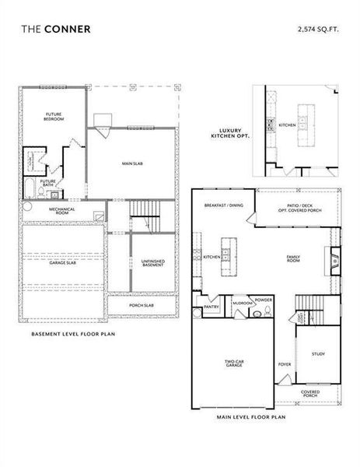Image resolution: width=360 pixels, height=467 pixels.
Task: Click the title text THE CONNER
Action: (55, 29)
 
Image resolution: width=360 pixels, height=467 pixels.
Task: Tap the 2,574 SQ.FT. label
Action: (317, 29)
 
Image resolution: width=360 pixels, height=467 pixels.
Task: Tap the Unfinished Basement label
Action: (152, 263)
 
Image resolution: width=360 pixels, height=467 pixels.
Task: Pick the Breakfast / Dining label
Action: (224, 205)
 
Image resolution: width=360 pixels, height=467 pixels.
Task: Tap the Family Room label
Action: (294, 258)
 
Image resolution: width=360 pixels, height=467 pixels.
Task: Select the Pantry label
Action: (211, 307)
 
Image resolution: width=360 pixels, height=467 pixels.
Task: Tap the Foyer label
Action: (284, 363)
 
